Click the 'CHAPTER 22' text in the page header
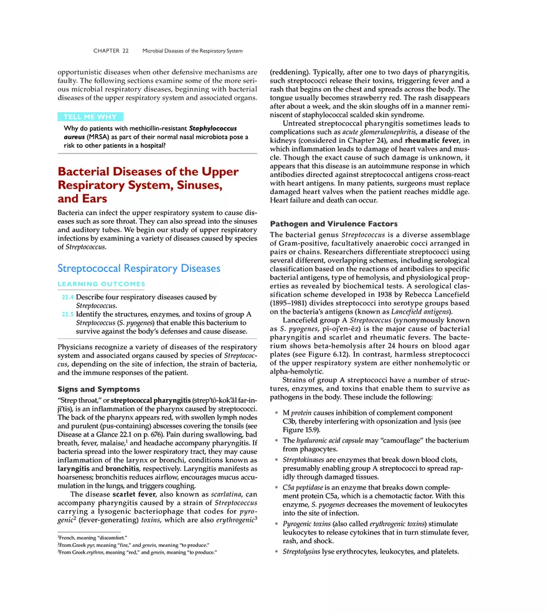click(x=111, y=51)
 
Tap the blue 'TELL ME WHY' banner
click(x=90, y=117)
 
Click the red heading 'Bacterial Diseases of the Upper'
click(x=148, y=171)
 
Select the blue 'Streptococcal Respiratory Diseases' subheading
click(x=138, y=268)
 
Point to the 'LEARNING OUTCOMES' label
click(x=101, y=284)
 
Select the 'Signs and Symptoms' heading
click(x=98, y=389)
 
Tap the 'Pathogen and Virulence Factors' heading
click(x=333, y=224)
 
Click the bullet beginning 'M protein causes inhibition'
click(x=367, y=413)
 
